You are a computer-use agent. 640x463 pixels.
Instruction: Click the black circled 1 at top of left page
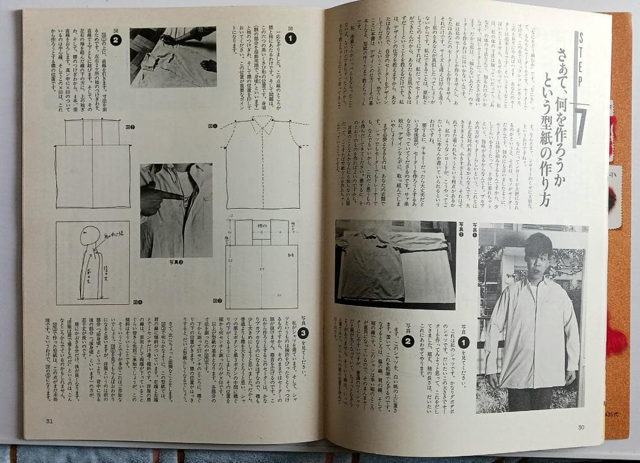click(290, 39)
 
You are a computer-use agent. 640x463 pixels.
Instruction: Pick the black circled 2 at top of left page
click(116, 39)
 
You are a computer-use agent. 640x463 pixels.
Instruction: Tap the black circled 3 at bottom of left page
click(302, 333)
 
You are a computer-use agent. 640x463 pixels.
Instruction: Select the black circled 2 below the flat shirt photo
click(408, 341)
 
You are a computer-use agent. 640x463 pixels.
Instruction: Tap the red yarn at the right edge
click(616, 341)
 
